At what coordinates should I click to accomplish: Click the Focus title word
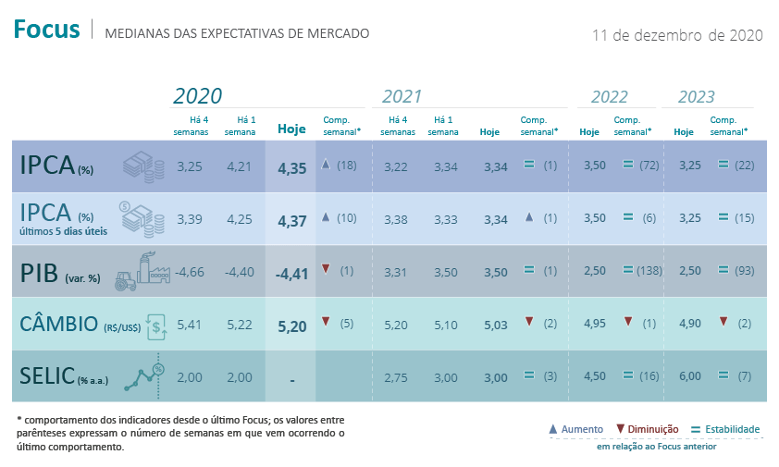47,30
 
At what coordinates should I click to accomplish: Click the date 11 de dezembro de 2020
677,35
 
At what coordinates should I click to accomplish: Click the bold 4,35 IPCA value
291,168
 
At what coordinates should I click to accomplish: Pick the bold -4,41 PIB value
291,273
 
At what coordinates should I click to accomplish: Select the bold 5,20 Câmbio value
291,325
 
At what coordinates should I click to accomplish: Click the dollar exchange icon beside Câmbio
158,325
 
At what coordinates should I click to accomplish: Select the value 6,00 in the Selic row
684,376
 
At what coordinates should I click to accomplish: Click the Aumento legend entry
576,429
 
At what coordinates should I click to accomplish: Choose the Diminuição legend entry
647,429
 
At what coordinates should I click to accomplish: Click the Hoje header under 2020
291,129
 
